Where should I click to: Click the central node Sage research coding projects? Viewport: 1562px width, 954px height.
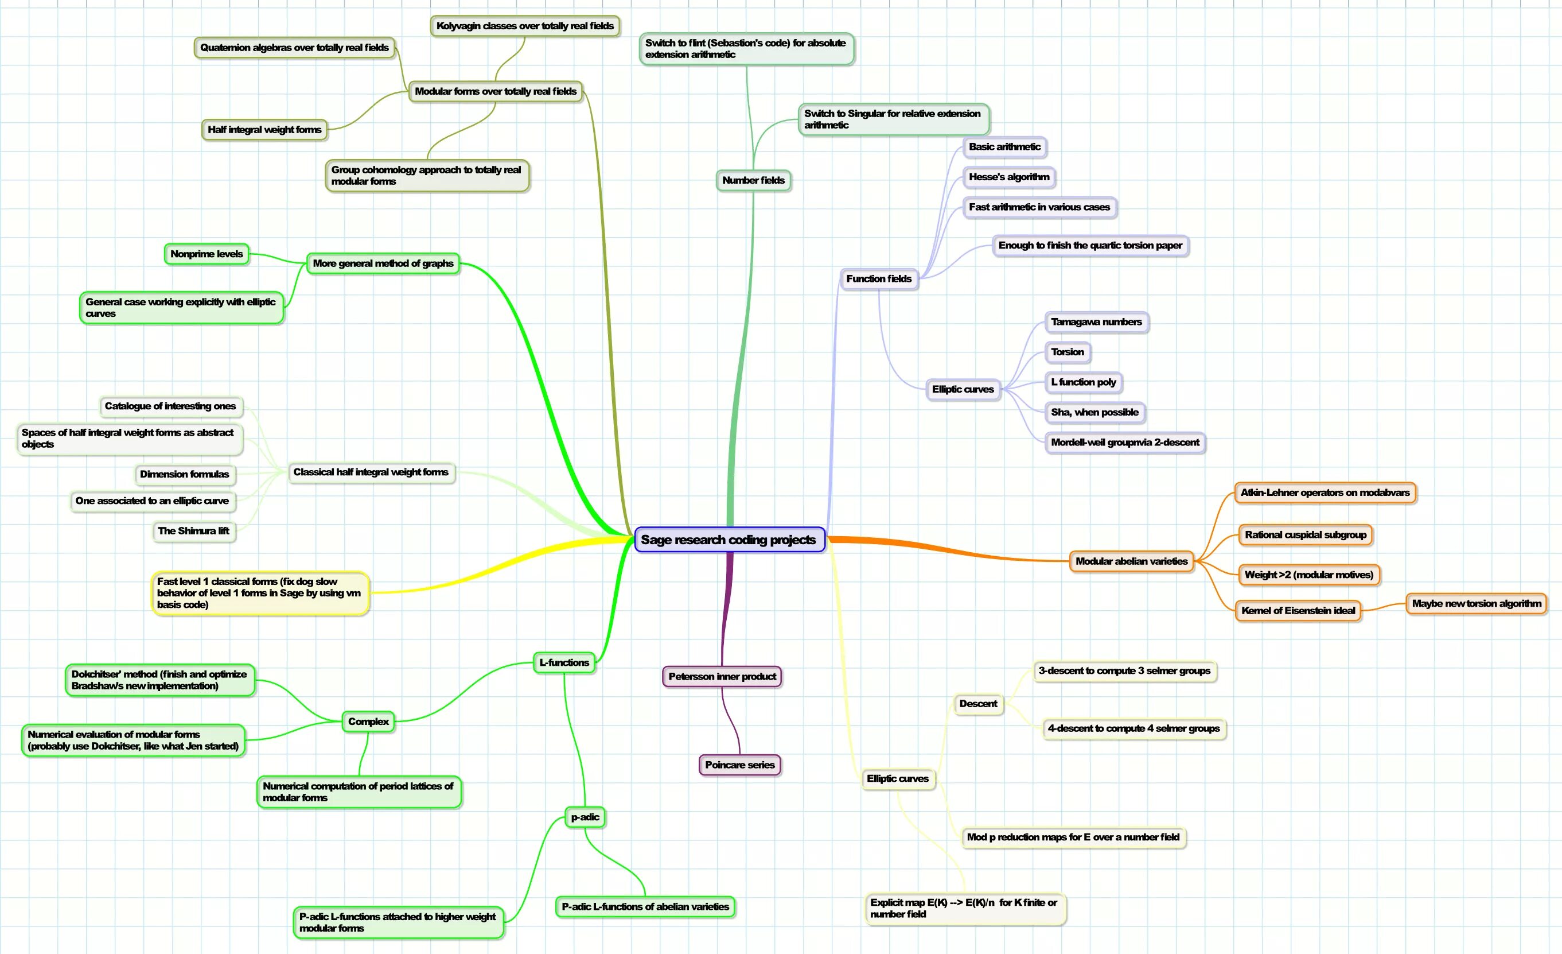[x=729, y=540]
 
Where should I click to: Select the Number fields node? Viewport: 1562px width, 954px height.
[x=753, y=180]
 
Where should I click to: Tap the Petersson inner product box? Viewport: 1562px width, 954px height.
[x=722, y=676]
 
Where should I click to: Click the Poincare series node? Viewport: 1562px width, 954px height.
[x=739, y=765]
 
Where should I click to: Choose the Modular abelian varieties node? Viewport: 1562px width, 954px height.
[x=1132, y=561]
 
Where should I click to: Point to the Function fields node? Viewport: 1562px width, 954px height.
[x=879, y=278]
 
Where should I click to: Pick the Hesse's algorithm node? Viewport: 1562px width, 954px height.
[x=1008, y=177]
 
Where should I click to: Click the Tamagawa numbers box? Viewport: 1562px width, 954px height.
[x=1096, y=321]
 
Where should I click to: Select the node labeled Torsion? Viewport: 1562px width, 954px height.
[x=1068, y=352]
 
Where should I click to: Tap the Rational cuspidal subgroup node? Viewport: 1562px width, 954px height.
[x=1305, y=535]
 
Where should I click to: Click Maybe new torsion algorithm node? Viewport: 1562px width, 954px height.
[x=1477, y=603]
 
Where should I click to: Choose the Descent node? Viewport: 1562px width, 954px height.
[x=978, y=704]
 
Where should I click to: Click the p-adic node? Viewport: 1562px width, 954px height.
[x=585, y=817]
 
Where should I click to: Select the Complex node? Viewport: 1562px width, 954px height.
[x=368, y=721]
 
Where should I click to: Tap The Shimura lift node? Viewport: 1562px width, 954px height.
[x=194, y=531]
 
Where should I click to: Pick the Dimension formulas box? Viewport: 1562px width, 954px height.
[x=185, y=474]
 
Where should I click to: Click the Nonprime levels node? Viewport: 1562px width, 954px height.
[x=207, y=254]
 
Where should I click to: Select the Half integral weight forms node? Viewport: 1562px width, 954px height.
[x=264, y=129]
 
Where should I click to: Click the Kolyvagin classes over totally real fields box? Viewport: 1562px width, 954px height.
[x=525, y=26]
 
